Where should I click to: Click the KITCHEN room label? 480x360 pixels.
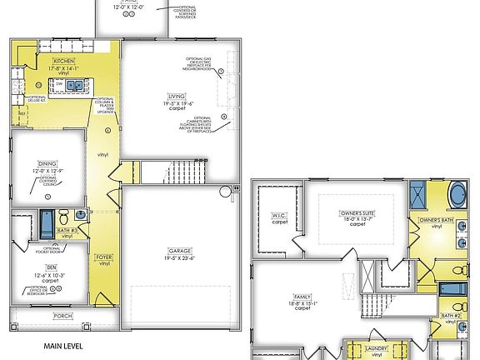pos(65,62)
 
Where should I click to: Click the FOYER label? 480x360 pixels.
pos(104,257)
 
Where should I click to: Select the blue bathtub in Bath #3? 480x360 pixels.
pos(46,223)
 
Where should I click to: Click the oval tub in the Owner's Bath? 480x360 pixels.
pos(457,197)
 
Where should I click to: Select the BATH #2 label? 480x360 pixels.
pos(451,316)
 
